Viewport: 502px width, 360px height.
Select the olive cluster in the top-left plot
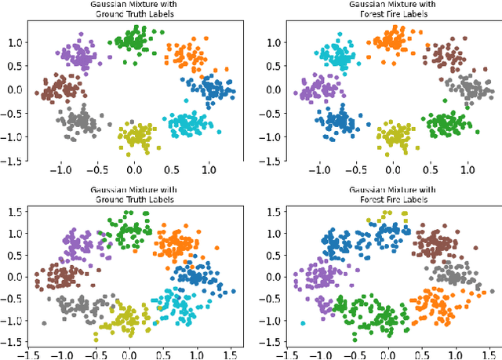coord(136,135)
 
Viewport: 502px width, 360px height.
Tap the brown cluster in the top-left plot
coord(58,88)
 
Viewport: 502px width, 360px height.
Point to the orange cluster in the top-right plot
coord(390,40)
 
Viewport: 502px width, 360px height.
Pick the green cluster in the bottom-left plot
coord(128,233)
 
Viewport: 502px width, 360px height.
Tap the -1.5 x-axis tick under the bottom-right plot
coord(271,354)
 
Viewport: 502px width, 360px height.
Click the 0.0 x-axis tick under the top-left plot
coord(134,169)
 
